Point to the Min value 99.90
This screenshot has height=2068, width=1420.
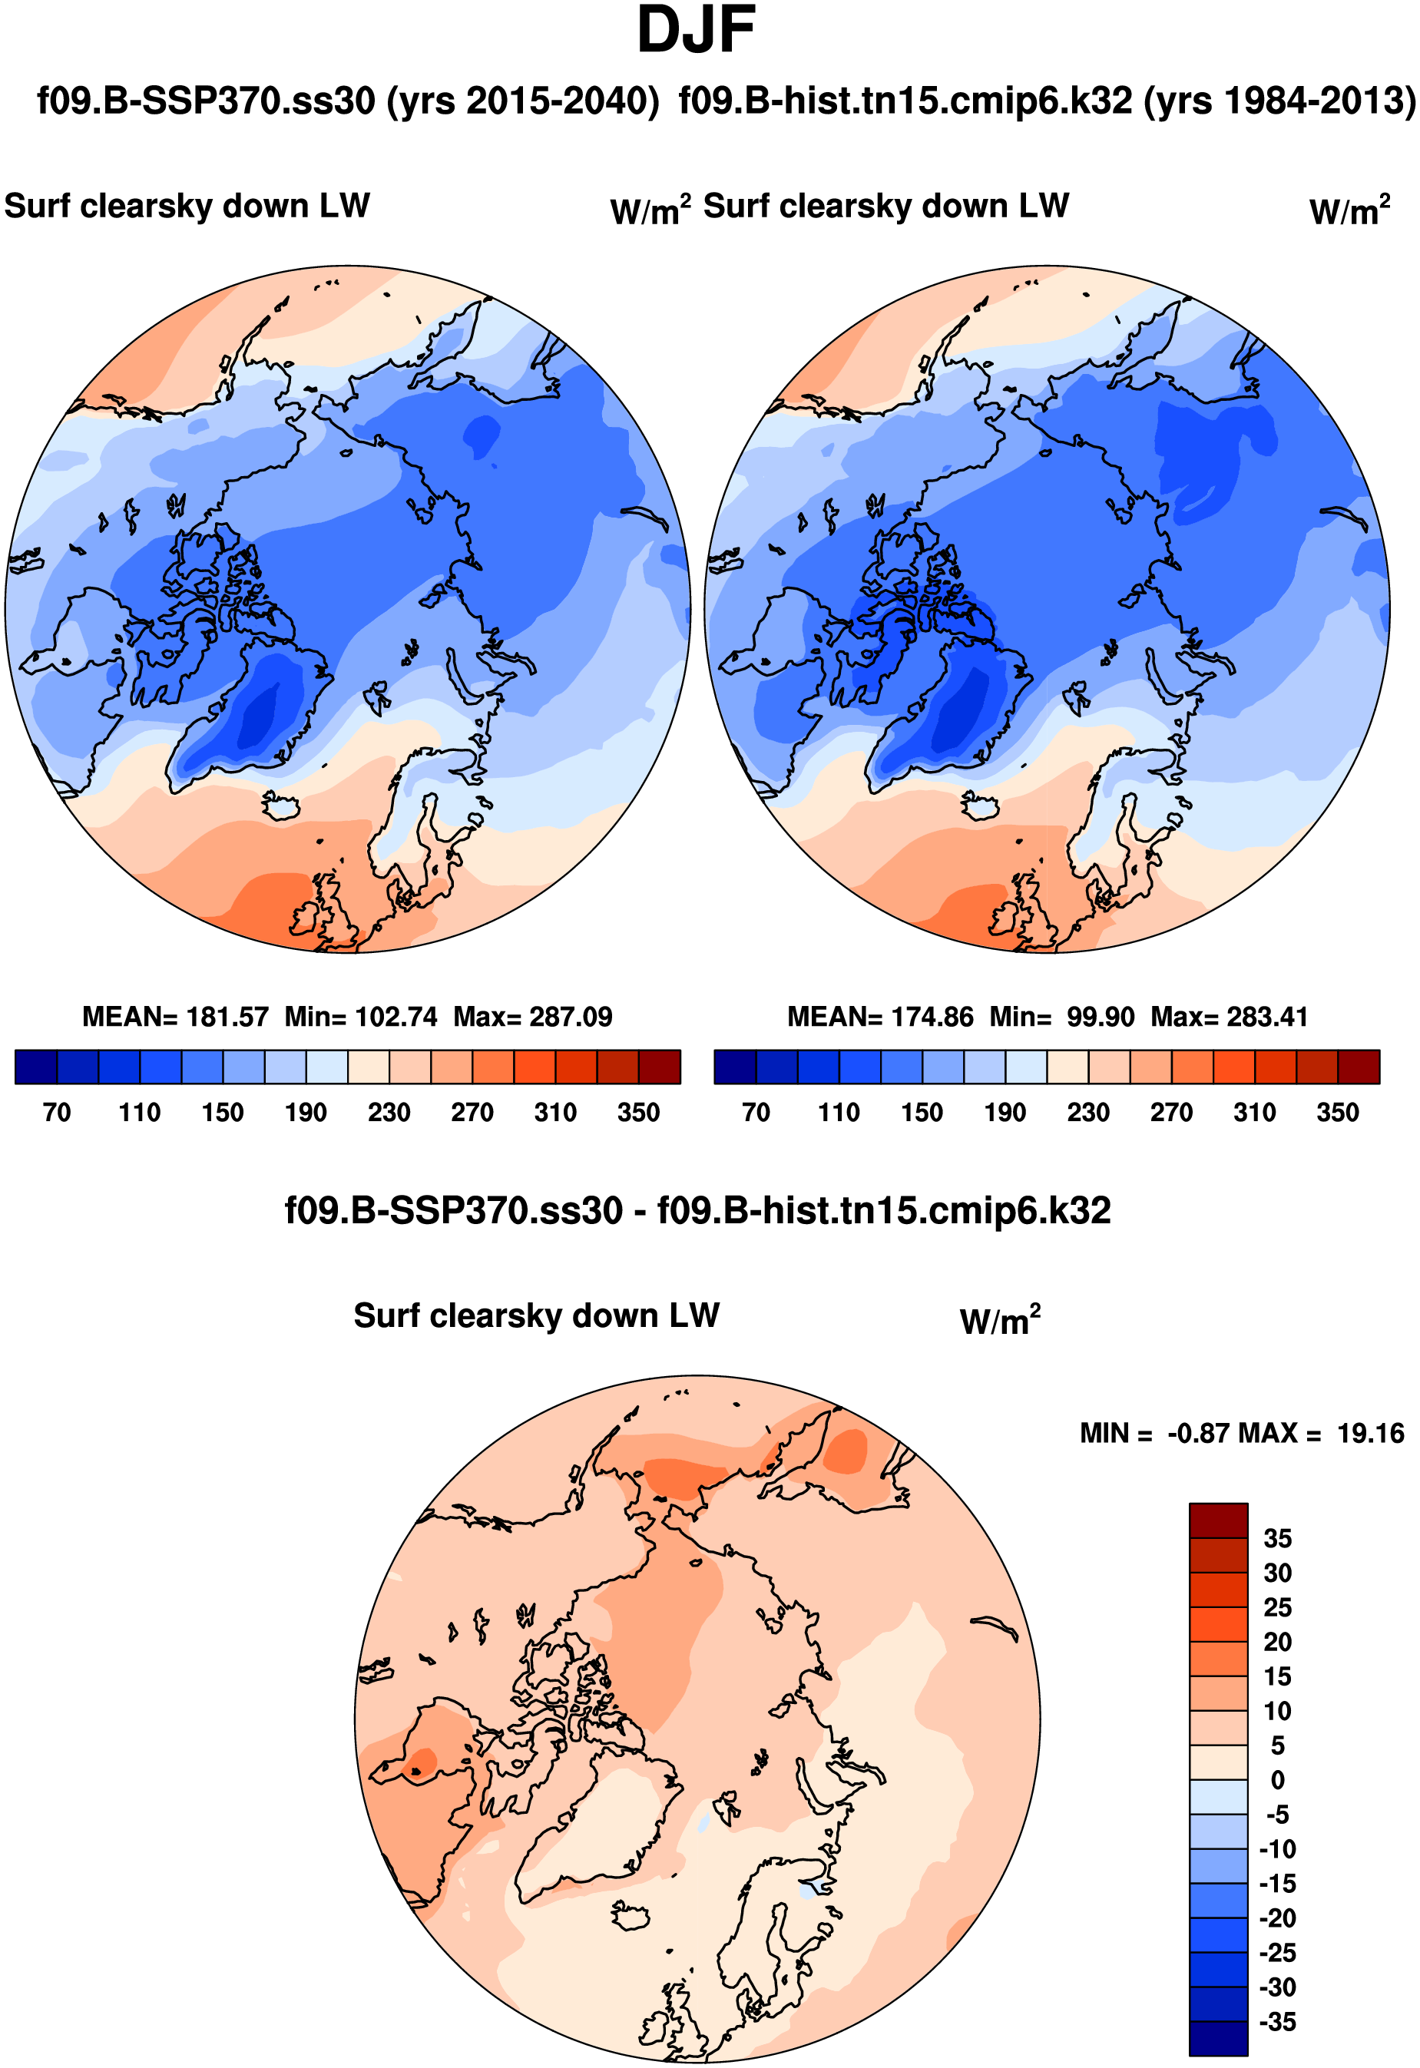coord(1101,1016)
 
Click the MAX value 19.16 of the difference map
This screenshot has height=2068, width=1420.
coord(1370,1433)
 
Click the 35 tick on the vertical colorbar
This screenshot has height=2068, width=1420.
coord(1278,1539)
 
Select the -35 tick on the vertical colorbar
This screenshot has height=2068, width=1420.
coord(1278,2022)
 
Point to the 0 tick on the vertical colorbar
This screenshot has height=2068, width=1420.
coord(1278,1780)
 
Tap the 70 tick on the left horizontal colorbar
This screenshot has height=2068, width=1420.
coord(57,1112)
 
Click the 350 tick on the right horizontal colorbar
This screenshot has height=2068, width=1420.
coord(1337,1112)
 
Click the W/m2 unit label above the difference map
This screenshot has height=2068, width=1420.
coord(999,1322)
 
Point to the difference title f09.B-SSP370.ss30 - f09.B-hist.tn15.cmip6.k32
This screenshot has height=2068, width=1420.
coord(697,1211)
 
